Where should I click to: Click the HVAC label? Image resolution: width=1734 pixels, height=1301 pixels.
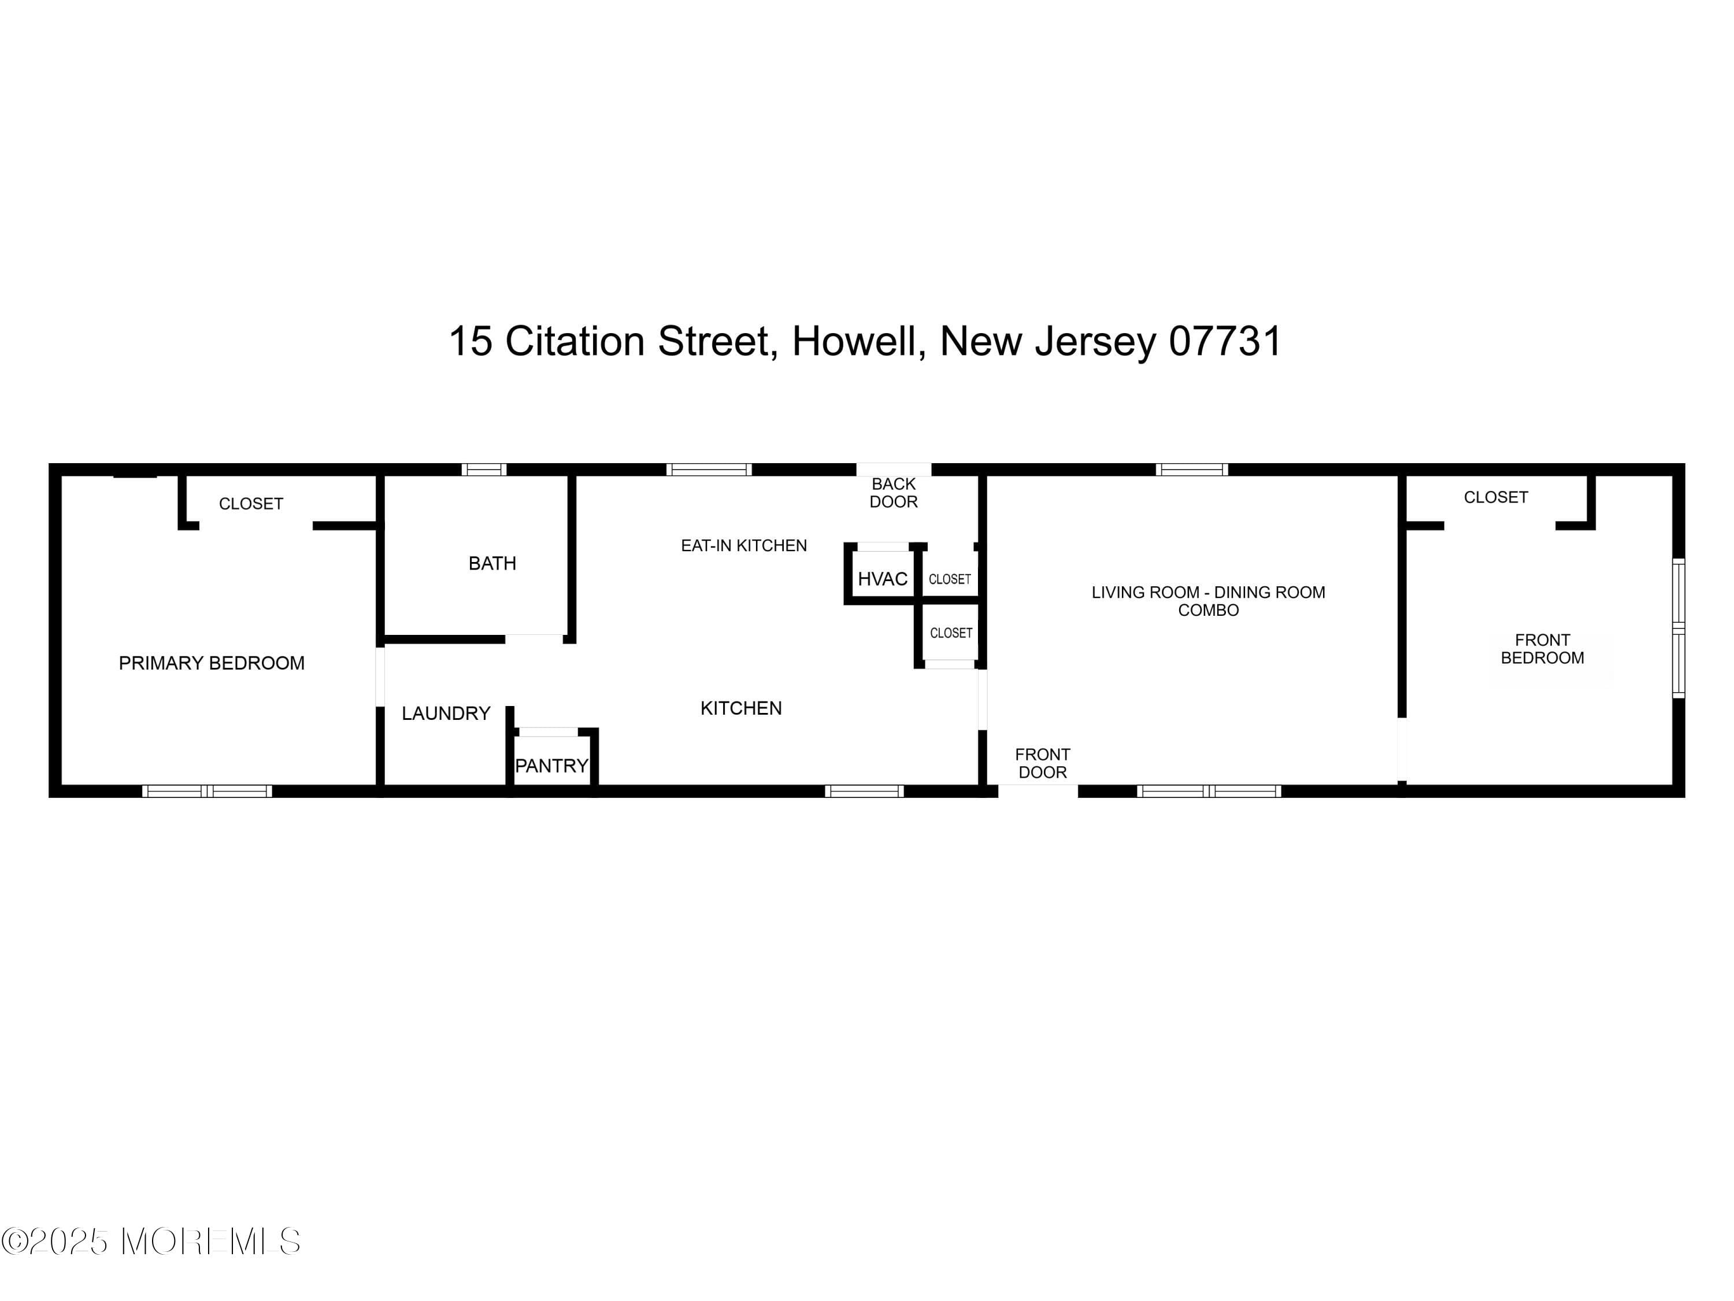click(882, 579)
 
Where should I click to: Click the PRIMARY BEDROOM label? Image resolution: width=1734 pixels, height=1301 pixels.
click(211, 663)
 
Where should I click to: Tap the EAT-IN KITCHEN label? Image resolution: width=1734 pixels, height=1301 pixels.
click(743, 545)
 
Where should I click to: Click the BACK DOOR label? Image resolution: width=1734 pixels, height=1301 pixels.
click(893, 493)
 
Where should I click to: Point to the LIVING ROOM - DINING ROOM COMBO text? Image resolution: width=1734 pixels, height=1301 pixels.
click(1207, 601)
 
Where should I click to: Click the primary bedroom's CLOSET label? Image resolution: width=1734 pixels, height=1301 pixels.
click(250, 504)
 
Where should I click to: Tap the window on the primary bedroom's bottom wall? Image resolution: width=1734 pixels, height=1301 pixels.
click(207, 791)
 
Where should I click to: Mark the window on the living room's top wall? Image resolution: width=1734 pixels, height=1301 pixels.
click(1191, 470)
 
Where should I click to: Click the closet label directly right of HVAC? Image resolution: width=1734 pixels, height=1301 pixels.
click(949, 579)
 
